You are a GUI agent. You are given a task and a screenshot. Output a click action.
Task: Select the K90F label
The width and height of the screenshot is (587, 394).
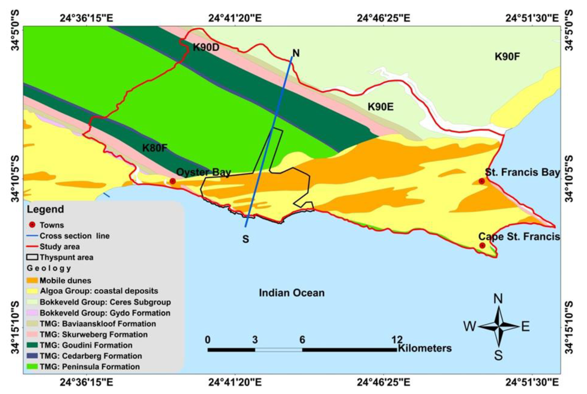tap(507, 57)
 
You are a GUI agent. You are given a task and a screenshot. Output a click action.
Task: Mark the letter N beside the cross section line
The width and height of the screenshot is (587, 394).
tap(296, 53)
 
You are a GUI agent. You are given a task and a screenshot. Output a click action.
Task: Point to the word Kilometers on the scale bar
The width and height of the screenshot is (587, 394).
tap(425, 348)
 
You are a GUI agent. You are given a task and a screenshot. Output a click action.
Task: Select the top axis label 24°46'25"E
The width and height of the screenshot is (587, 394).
tap(384, 18)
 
